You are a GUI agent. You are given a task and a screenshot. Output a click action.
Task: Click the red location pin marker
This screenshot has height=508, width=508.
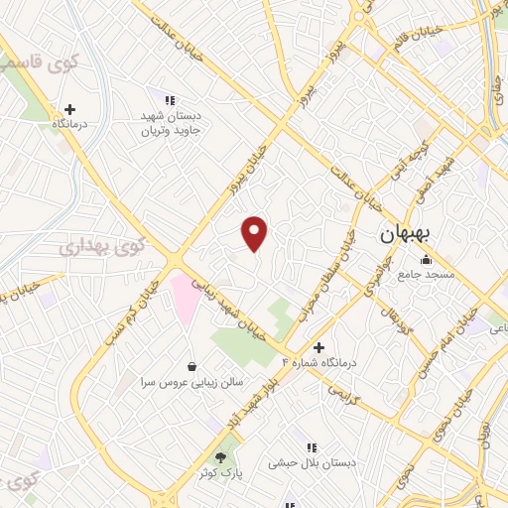point(255,233)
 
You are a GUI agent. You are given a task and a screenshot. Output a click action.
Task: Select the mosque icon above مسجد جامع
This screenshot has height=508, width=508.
point(427,261)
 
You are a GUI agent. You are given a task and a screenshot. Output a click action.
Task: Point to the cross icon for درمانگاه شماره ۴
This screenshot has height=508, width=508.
point(318,347)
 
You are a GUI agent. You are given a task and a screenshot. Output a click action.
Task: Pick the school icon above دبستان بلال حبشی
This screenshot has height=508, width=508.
point(313,447)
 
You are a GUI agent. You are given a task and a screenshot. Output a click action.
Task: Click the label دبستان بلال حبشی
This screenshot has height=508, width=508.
point(315,463)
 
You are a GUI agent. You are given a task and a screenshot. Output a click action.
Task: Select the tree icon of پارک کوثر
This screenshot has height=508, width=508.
point(220,457)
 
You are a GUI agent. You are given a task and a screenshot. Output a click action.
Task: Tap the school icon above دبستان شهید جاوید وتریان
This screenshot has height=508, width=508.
point(170,100)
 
